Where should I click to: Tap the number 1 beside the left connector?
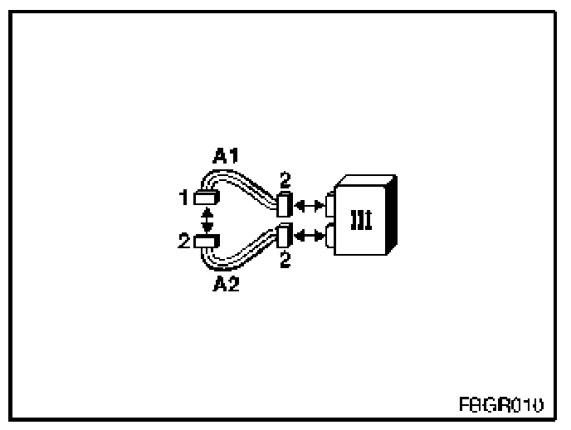(183, 198)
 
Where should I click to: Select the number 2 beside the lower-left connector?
(183, 241)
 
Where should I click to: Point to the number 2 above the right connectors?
(285, 180)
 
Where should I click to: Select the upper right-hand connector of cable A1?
(284, 203)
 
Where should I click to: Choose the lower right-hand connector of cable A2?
(284, 237)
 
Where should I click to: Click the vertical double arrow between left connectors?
(207, 219)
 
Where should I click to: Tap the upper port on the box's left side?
(331, 203)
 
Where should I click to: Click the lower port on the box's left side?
(331, 237)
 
